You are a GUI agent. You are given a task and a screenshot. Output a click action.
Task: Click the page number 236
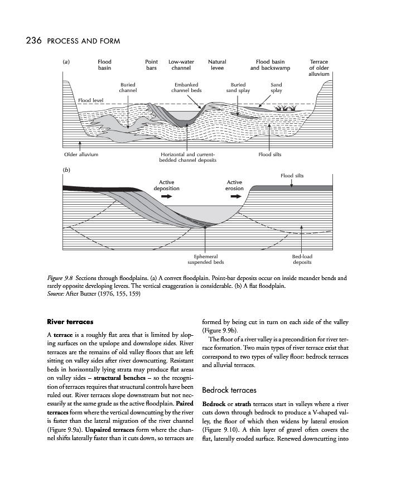[x=31, y=41]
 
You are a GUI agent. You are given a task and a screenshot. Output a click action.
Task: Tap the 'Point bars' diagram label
[x=151, y=65]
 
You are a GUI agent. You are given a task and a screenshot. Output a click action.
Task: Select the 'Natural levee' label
[x=217, y=65]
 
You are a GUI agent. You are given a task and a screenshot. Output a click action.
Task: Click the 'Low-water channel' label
[x=181, y=65]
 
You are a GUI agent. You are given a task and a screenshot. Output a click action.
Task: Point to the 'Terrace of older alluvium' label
[x=319, y=68]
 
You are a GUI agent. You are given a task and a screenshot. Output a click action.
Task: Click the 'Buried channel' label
[x=128, y=88]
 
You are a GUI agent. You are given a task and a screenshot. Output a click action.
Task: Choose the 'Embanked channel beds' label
[x=186, y=88]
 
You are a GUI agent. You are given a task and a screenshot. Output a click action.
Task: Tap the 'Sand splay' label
[x=276, y=88]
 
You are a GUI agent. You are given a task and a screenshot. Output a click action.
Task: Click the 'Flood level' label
[x=91, y=100]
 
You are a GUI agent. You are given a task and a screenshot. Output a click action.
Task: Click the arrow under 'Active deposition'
[x=167, y=197]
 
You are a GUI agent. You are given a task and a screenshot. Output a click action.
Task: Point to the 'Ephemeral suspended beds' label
[x=205, y=259]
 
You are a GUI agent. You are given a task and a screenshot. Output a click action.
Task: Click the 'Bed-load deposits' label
[x=302, y=259]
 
